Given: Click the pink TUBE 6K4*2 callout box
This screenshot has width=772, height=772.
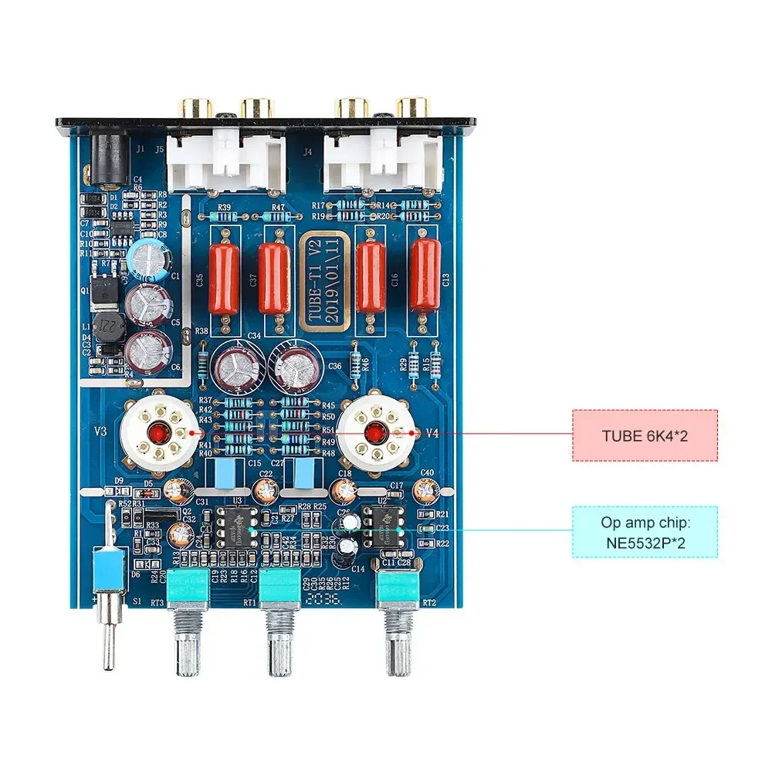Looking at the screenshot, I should [x=645, y=435].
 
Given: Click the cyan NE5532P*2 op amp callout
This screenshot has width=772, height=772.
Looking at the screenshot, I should [x=645, y=532].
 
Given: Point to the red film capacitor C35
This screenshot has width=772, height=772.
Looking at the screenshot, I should [x=224, y=278].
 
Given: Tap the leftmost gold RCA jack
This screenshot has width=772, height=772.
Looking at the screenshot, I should [x=195, y=107].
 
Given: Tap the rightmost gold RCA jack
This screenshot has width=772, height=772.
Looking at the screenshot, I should [x=411, y=107].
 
